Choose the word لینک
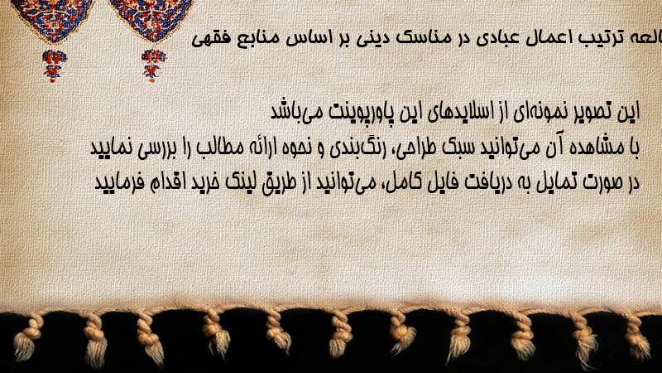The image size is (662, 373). (x=236, y=182)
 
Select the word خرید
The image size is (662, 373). (x=199, y=182)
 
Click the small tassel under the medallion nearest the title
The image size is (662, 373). (x=153, y=65)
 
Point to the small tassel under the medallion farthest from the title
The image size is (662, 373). (x=54, y=65)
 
